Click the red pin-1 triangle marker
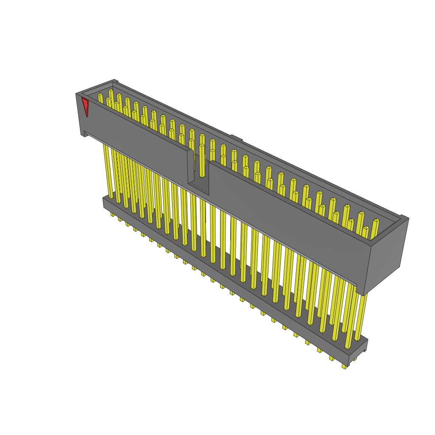pyautogui.click(x=85, y=105)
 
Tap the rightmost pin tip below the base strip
pyautogui.click(x=344, y=366)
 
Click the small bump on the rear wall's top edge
pyautogui.click(x=236, y=138)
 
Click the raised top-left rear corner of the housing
pyautogui.click(x=114, y=81)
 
